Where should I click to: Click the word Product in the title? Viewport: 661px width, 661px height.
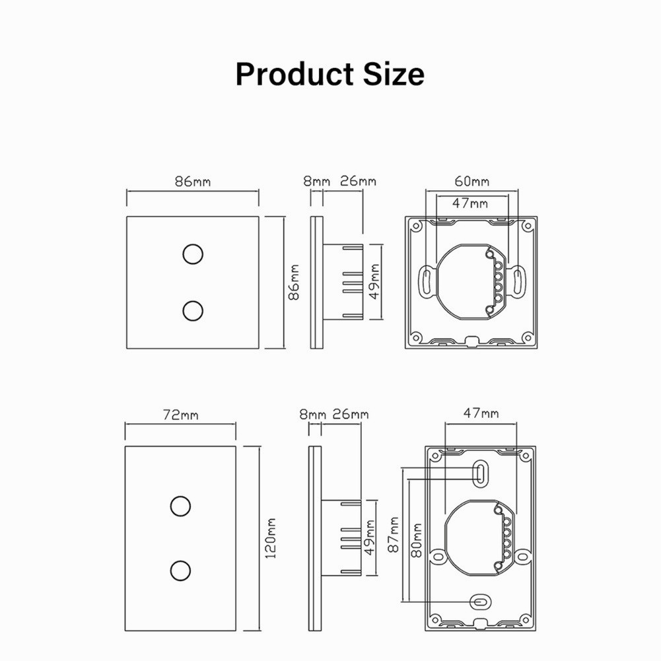(x=295, y=74)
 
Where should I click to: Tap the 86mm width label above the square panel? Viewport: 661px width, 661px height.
(x=193, y=182)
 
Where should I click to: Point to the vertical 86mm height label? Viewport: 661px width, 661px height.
(x=294, y=283)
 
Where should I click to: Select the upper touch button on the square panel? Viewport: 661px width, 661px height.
(x=193, y=254)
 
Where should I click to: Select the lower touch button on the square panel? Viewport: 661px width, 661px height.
(x=193, y=310)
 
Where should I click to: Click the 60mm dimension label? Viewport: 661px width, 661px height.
(x=471, y=182)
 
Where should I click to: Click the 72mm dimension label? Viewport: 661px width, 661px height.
(x=180, y=415)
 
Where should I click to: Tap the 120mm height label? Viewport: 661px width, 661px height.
(x=271, y=538)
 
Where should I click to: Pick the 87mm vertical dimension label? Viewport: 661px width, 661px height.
(x=394, y=534)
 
